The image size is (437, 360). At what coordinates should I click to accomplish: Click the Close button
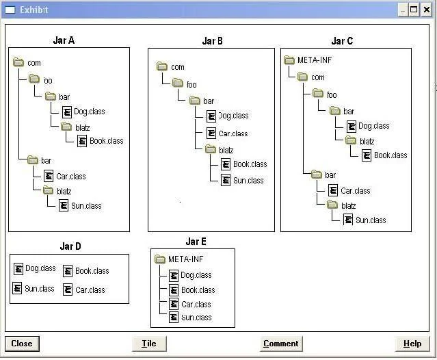pos(22,344)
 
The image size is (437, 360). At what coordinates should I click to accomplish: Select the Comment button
pos(281,344)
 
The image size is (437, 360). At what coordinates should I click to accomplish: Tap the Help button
pos(412,344)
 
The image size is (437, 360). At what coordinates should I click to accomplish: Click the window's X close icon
pos(427,10)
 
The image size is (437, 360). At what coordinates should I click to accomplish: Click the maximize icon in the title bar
pos(414,10)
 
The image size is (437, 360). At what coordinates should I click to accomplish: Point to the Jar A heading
pos(64,40)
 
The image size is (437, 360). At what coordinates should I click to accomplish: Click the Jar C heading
pos(342,41)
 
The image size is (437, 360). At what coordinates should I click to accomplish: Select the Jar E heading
pos(196,242)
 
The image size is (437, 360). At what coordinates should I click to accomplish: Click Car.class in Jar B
pos(233,133)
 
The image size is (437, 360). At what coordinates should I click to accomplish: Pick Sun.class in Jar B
pos(248,181)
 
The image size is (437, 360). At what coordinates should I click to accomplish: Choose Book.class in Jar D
pos(92,271)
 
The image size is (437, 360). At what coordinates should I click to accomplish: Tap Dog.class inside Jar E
pos(196,275)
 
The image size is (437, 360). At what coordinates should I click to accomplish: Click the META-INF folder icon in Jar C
pos(289,60)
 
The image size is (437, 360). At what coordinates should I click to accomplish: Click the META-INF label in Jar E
pos(186,259)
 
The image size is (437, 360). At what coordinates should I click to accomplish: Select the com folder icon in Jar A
pos(18,62)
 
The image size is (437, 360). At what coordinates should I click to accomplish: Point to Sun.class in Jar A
pos(86,206)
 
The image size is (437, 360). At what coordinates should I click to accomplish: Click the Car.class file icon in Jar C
pos(333,190)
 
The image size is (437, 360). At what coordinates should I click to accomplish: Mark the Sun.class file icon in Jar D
pos(17,288)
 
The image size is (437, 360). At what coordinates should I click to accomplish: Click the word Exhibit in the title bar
pos(34,10)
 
